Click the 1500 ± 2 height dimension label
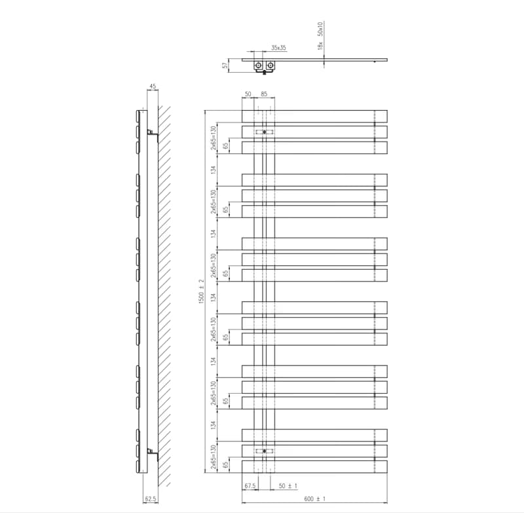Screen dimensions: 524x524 201,291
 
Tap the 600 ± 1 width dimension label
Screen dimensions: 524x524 315,499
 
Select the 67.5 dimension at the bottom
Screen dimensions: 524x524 250,485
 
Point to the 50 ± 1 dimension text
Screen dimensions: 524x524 288,485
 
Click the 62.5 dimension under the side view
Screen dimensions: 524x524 151,499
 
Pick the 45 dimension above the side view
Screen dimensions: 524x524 153,86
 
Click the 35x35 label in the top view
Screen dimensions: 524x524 278,48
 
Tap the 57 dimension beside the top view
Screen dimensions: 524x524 226,65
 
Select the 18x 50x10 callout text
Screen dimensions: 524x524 320,36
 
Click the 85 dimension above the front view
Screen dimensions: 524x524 264,94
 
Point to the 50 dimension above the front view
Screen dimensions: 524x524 248,94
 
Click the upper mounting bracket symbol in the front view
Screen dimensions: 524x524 265,132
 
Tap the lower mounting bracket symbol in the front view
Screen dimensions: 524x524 265,451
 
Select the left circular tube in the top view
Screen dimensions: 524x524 259,65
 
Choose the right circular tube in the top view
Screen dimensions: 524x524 271,65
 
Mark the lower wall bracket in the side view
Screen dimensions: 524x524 152,452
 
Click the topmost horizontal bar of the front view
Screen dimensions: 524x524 314,117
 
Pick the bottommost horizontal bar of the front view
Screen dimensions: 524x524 314,467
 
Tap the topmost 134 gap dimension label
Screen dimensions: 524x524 214,170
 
